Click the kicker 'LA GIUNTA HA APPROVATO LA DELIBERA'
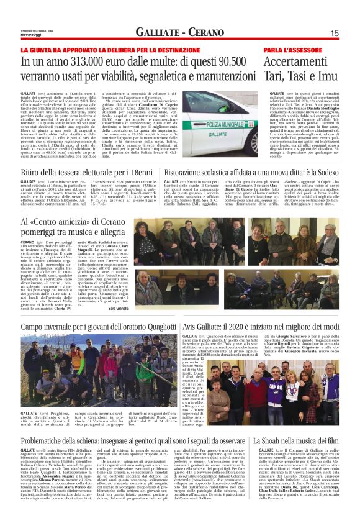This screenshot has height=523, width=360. (99, 48)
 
